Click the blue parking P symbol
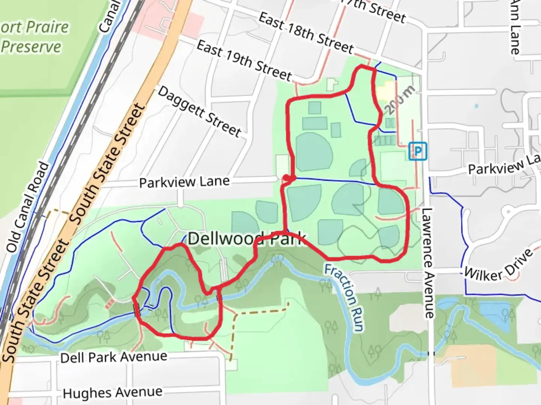418,151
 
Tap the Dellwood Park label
246,239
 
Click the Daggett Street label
199,111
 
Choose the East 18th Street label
306,33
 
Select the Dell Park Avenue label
113,357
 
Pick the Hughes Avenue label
113,393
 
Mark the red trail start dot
286,178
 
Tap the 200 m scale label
400,100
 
